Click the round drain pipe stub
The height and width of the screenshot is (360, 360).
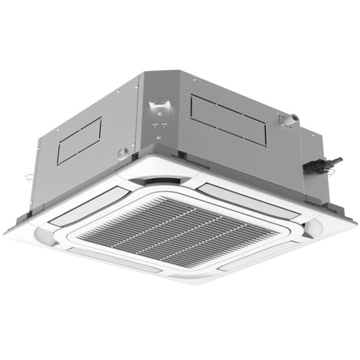[x=289, y=121]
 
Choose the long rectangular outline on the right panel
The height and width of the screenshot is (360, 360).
[x=228, y=120]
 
